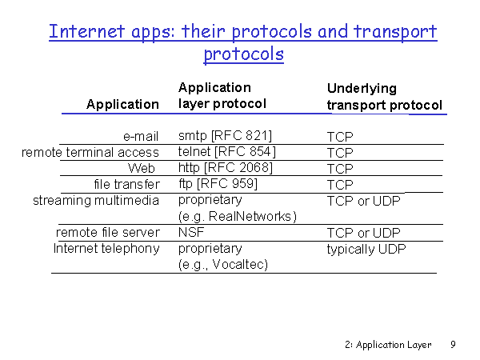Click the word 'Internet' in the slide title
coord(86,31)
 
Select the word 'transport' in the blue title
coord(395,32)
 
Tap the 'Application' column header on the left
coord(122,105)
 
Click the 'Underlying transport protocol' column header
coord(385,97)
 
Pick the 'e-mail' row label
coord(141,136)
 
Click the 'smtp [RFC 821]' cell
coord(225,135)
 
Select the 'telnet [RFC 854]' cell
coord(227,151)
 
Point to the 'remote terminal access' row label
coord(90,152)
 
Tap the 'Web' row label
coord(142,168)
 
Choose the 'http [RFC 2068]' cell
coord(226,167)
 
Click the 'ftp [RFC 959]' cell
coord(218,184)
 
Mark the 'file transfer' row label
coord(126,184)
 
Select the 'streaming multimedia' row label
coord(96,201)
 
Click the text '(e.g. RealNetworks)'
coord(238,217)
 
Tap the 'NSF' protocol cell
coord(191,232)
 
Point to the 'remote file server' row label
coord(108,232)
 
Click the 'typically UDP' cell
coord(366,249)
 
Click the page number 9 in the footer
coord(453,344)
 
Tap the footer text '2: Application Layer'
coord(388,345)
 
